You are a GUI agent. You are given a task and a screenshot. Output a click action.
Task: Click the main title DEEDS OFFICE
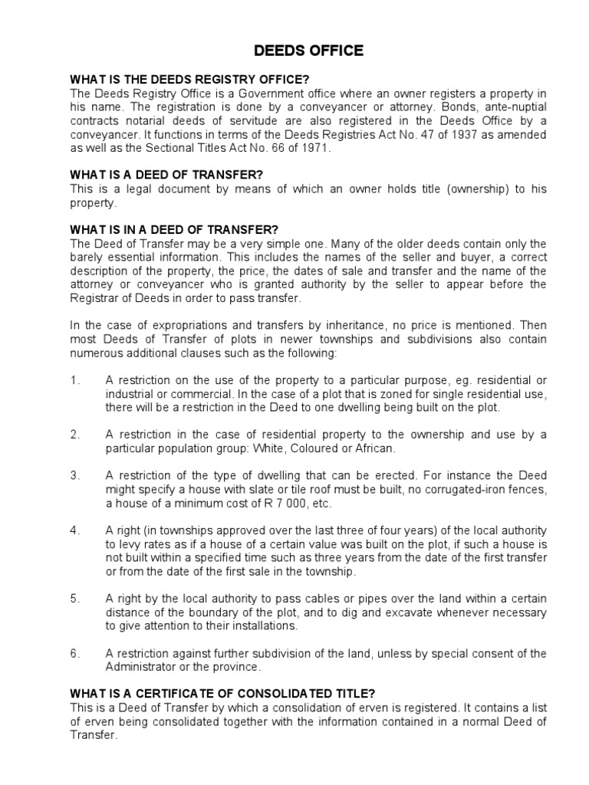coord(298,51)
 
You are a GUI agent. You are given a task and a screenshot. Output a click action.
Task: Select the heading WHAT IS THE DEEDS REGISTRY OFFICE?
coord(189,79)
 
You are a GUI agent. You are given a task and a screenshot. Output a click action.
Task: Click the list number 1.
coord(74,380)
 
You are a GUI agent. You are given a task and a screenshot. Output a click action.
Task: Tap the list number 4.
coord(74,530)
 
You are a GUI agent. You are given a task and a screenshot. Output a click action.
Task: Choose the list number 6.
coord(74,653)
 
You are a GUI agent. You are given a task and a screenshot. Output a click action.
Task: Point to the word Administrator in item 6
coord(139,667)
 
